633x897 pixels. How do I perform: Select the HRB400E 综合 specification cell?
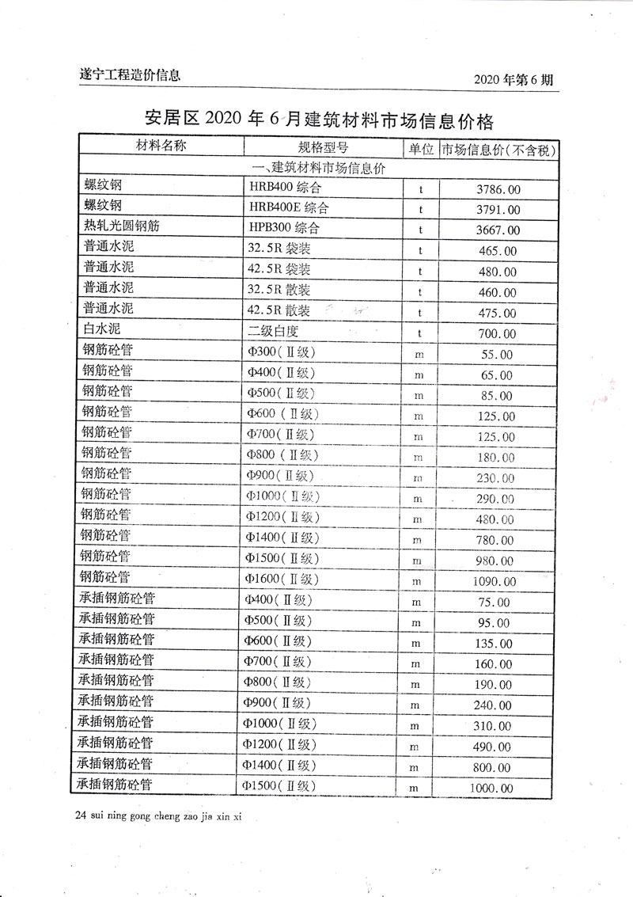click(x=289, y=209)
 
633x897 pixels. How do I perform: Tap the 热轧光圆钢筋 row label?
click(x=122, y=227)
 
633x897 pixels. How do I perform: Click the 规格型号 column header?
click(x=323, y=148)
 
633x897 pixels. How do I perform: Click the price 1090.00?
click(x=496, y=582)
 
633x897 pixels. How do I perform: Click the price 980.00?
click(x=496, y=561)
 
